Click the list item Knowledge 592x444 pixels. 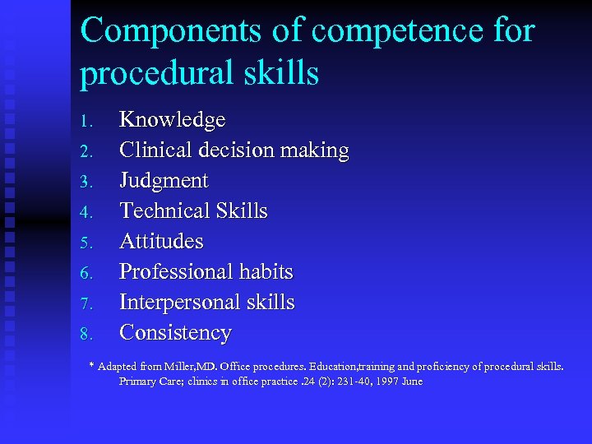point(172,120)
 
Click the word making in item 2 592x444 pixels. point(315,150)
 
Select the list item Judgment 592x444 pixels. point(164,181)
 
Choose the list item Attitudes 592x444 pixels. point(161,242)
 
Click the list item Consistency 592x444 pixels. point(175,333)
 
